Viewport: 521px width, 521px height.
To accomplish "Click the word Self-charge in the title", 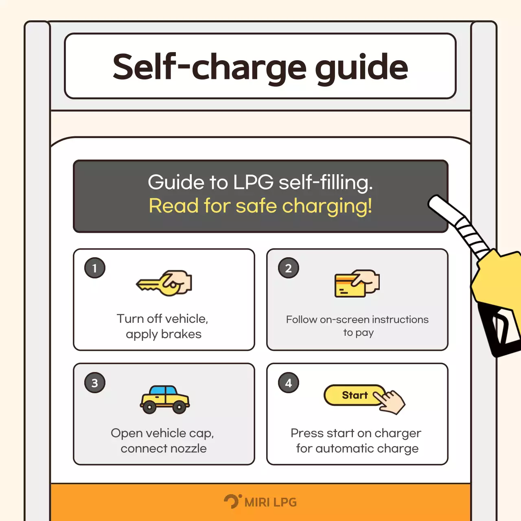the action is tap(209, 67).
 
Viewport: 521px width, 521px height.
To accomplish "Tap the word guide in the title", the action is tap(361, 69).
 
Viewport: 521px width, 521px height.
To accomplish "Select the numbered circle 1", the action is tap(94, 268).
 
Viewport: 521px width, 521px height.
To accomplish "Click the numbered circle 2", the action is tap(289, 268).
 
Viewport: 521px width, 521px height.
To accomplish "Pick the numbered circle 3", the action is tap(94, 383).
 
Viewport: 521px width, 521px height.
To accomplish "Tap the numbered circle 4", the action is tap(289, 383).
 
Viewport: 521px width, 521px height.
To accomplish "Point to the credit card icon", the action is tap(350, 286).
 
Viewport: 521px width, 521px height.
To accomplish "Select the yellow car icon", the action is tap(165, 399).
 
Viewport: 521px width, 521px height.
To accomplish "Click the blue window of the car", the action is tap(163, 390).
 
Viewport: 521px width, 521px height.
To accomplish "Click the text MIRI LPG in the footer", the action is tap(270, 502).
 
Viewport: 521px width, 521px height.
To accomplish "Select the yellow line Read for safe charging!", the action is tap(260, 206).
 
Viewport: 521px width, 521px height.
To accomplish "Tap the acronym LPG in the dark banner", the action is tap(253, 182).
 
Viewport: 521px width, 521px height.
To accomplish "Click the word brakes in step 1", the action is tap(181, 334).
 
